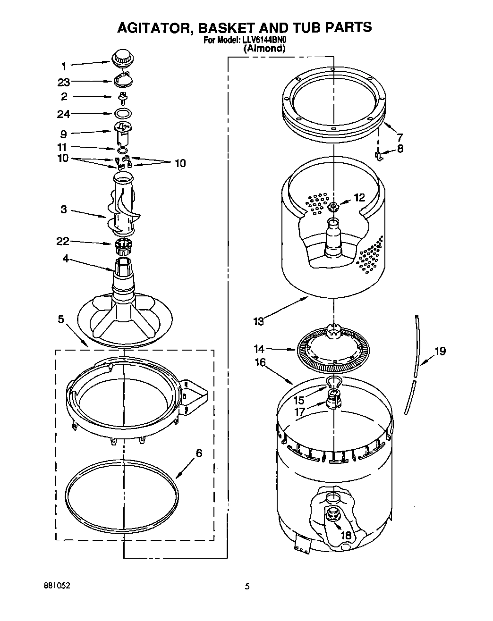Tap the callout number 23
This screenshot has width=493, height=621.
coord(64,82)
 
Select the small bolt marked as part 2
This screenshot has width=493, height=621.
coord(123,98)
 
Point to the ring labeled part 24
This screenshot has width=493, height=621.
coord(123,114)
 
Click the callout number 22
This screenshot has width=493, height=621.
coord(63,242)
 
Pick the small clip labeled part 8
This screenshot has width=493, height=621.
coord(378,155)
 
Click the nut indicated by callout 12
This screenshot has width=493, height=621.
coord(333,206)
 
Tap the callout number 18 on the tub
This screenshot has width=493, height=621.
coord(346,535)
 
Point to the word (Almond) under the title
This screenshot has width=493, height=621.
coord(264,48)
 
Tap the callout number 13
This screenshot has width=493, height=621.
coord(258,322)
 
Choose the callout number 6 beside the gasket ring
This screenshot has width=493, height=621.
coord(199,453)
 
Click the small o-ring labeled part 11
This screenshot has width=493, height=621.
coord(122,150)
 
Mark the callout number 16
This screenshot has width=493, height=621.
coord(260,362)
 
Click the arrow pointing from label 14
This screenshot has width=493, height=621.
coord(282,350)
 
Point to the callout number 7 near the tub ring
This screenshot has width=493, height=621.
coord(399,138)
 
